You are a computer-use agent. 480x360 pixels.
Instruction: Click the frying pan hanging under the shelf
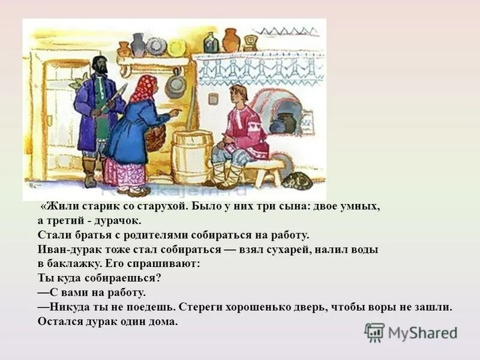(175, 84)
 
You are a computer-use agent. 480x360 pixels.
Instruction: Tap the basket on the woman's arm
(155, 139)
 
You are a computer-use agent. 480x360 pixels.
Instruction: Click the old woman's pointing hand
(173, 112)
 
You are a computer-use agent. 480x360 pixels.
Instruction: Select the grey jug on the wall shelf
(138, 44)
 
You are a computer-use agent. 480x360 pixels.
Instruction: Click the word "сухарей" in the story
(275, 249)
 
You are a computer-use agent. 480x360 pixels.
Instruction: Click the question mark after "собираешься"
(160, 278)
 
